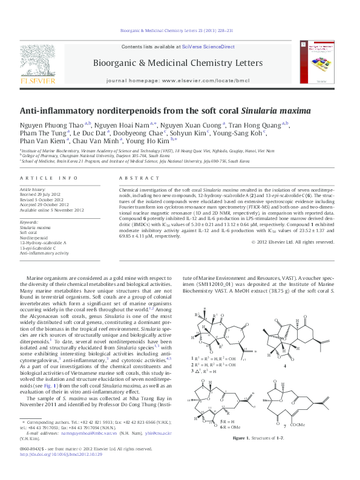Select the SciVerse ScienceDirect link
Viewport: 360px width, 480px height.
pos(214,47)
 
